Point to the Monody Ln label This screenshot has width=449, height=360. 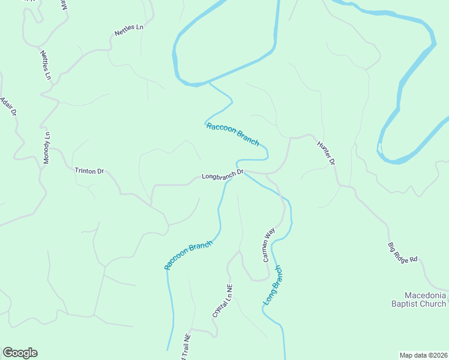point(47,148)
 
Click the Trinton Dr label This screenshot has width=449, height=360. point(89,171)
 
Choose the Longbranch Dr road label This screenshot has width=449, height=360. point(222,175)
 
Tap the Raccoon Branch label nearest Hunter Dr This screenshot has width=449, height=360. point(232,134)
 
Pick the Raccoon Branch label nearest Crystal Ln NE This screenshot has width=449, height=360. point(188,255)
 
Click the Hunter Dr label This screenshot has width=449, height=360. point(325,152)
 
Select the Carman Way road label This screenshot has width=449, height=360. point(268,244)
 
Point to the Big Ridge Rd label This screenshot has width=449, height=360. point(402,253)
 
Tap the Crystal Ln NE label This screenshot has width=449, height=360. point(221,301)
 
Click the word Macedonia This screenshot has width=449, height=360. point(425,296)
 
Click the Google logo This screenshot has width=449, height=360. point(20,353)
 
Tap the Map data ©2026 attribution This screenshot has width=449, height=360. point(423,355)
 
